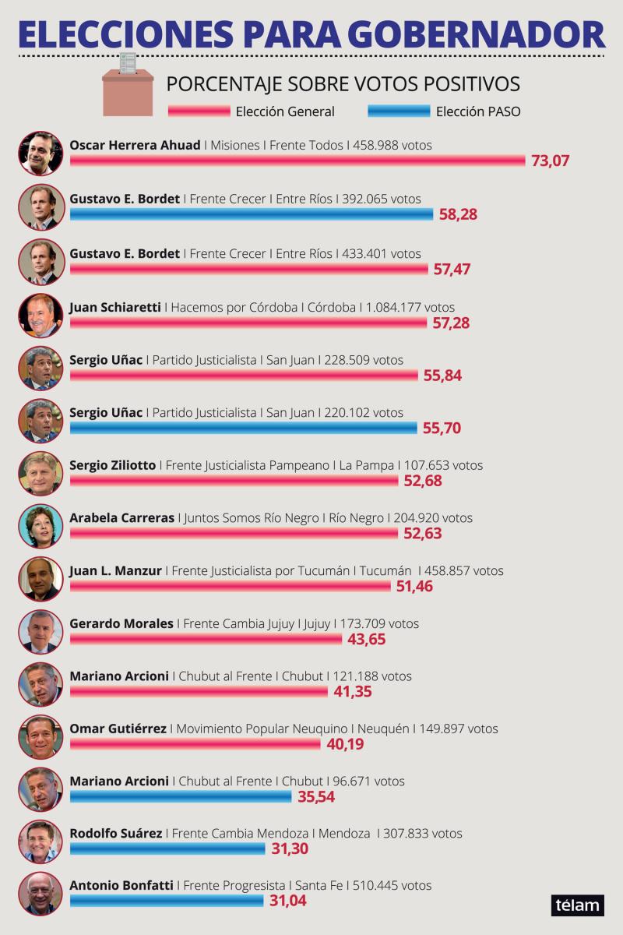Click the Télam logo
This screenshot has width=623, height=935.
578,905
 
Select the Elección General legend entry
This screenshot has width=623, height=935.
252,111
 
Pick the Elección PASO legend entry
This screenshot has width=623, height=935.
444,111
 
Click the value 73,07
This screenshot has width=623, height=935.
550,161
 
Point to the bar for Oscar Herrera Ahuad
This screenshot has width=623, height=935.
297,161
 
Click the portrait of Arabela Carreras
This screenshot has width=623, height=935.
41,526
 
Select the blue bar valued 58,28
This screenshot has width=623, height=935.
252,214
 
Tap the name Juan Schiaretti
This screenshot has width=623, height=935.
115,307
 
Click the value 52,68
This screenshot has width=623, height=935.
423,481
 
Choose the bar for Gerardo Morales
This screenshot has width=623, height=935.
206,639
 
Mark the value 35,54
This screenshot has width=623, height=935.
316,797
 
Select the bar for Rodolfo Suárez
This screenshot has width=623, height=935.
167,849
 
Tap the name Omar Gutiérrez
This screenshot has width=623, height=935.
118,729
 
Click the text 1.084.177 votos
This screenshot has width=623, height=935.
410,307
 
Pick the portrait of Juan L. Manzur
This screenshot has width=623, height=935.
41,579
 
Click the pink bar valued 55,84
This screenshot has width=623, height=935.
244,376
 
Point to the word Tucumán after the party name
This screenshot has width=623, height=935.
385,570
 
